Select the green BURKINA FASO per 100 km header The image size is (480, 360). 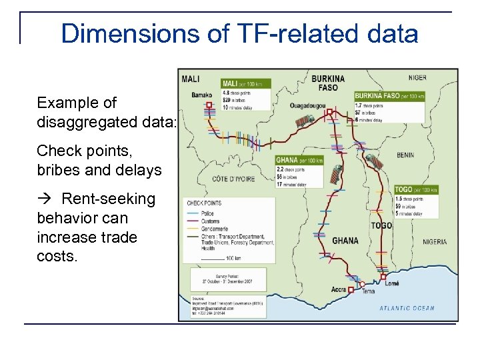click(387, 95)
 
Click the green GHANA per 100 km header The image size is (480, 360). click(299, 161)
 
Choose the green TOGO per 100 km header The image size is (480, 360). click(415, 190)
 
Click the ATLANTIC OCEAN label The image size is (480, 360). click(407, 308)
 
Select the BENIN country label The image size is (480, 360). click(405, 155)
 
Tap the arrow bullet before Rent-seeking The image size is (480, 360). click(46, 199)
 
